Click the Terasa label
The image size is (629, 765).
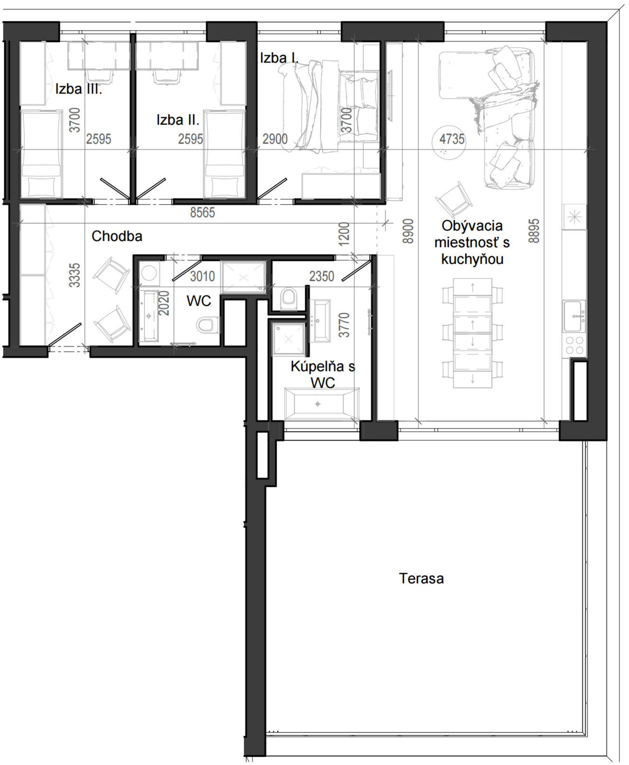click(x=421, y=578)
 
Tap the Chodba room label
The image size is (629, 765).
click(x=117, y=236)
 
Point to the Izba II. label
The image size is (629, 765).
click(x=178, y=120)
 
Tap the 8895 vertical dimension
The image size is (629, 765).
click(x=534, y=231)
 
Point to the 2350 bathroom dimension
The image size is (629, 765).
click(x=321, y=276)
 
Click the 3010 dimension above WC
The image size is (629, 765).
click(x=202, y=276)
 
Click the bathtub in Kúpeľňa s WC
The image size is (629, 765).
click(x=322, y=404)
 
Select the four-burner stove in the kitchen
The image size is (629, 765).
click(x=575, y=345)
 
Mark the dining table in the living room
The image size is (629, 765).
click(x=473, y=333)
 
